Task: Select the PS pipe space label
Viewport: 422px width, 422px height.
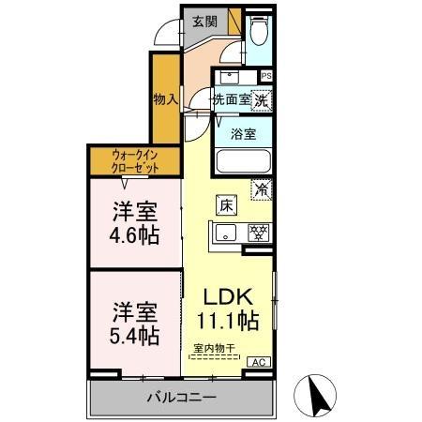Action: (x=266, y=77)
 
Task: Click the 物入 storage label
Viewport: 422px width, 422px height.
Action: (x=165, y=97)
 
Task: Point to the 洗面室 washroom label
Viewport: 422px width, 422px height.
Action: (x=229, y=98)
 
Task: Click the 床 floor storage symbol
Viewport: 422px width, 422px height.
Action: (x=227, y=203)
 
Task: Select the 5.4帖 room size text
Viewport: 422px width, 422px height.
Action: (x=131, y=334)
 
